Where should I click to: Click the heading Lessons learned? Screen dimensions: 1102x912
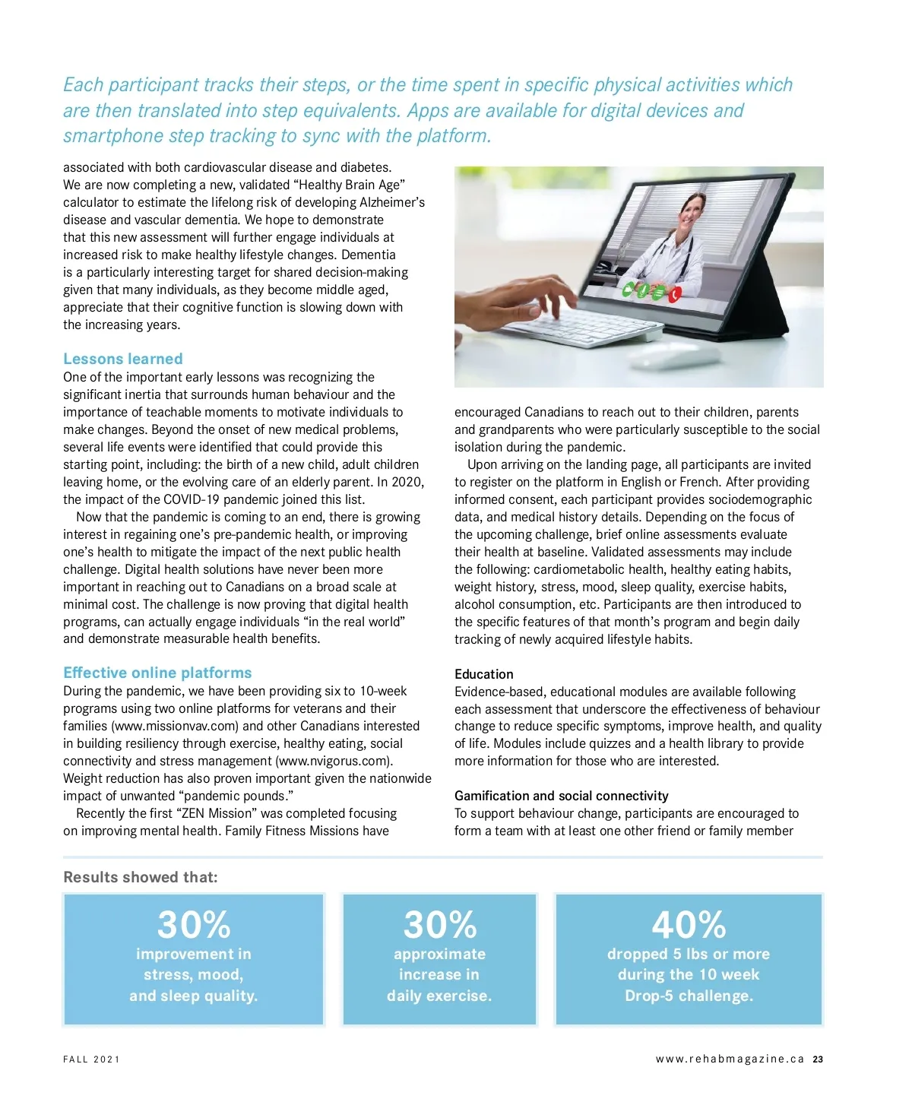(123, 359)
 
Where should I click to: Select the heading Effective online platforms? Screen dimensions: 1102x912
(157, 673)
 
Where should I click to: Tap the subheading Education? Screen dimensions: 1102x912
(483, 674)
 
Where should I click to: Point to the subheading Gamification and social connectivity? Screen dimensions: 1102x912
(561, 796)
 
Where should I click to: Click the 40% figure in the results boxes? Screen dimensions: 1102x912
(689, 925)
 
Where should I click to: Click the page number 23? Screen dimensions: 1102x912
(818, 1059)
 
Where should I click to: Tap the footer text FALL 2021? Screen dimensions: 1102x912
(91, 1059)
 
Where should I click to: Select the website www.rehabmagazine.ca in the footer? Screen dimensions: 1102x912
(730, 1059)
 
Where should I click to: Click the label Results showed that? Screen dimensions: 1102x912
(141, 877)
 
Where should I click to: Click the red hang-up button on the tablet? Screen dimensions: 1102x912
(673, 294)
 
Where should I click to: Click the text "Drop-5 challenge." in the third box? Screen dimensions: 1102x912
(689, 996)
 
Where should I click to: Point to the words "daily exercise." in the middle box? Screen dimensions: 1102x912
(439, 996)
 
